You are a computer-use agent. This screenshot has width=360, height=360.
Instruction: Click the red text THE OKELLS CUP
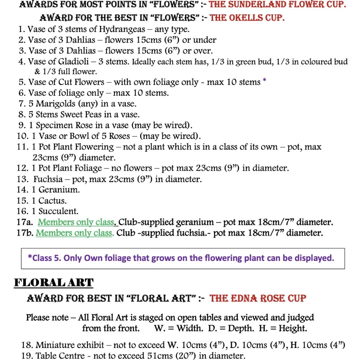click(247, 17)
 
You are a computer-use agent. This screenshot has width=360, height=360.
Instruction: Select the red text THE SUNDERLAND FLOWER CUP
click(277, 4)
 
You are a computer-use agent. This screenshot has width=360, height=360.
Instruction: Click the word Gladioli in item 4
click(74, 62)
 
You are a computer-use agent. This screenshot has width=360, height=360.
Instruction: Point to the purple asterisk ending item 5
click(264, 81)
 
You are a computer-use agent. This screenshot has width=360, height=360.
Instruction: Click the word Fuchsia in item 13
click(48, 179)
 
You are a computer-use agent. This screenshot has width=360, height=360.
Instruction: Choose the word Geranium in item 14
click(59, 190)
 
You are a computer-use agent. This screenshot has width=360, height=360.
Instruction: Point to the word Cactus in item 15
click(53, 201)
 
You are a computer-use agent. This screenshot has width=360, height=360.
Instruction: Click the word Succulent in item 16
click(59, 211)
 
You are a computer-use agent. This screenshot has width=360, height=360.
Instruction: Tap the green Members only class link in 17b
click(75, 233)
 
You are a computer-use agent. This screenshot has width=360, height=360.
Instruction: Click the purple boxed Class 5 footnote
click(183, 258)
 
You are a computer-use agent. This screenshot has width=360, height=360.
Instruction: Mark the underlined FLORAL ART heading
click(54, 283)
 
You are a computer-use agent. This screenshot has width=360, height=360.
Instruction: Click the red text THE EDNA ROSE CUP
click(258, 298)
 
